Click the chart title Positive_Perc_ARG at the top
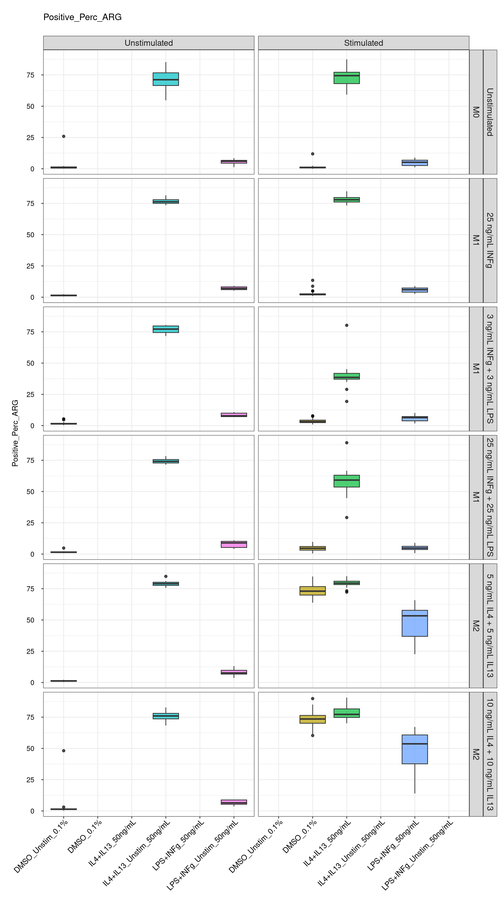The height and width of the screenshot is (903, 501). tap(82, 17)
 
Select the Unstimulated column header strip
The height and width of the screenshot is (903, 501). tap(148, 43)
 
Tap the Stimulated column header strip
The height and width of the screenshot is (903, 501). tap(363, 43)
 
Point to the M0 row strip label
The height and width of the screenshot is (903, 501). tap(476, 112)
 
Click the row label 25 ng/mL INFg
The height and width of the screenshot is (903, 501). tap(490, 240)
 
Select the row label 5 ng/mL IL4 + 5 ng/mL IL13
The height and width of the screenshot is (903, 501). tap(490, 626)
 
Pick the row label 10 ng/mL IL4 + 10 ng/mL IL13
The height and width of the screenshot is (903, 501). tap(490, 754)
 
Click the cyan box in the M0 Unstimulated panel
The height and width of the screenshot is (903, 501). tap(166, 79)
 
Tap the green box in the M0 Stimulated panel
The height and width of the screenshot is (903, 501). tap(347, 78)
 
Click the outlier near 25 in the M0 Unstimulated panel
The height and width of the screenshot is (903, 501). tap(63, 136)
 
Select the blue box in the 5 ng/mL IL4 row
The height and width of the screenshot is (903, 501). tap(415, 623)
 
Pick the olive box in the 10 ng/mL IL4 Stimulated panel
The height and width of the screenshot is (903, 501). tap(313, 719)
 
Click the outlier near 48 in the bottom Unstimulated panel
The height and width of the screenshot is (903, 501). tap(63, 750)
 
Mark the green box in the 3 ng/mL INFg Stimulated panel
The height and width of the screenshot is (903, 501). tap(347, 376)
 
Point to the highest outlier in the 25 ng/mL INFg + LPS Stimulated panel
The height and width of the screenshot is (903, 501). tap(347, 443)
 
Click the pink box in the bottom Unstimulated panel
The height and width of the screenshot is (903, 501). tap(234, 802)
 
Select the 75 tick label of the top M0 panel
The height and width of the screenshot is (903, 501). tap(31, 75)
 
